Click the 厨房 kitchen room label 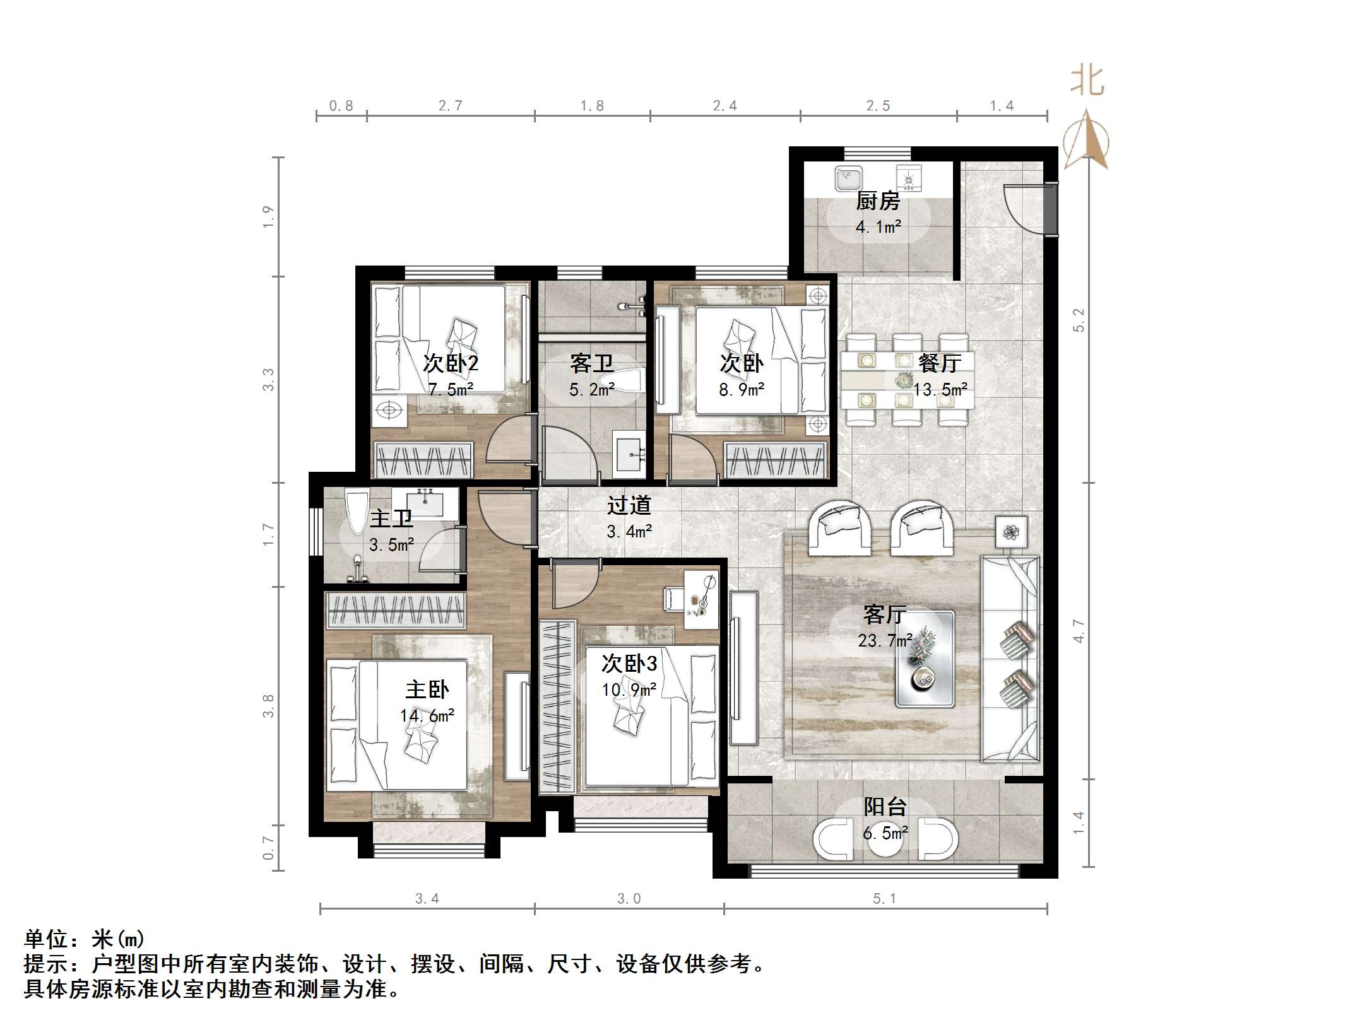(x=877, y=201)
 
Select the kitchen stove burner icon (x=909, y=178)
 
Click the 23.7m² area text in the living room (x=885, y=641)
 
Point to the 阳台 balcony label (x=885, y=807)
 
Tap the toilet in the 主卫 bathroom (x=356, y=511)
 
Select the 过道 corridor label (x=629, y=505)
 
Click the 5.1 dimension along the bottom (x=884, y=899)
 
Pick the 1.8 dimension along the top (x=592, y=106)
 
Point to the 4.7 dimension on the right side (x=1079, y=631)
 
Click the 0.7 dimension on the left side (x=269, y=848)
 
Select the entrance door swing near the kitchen (x=1022, y=208)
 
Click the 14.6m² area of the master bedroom (x=427, y=716)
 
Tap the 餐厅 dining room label (x=940, y=363)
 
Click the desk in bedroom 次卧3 (x=702, y=599)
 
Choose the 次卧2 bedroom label (x=450, y=363)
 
